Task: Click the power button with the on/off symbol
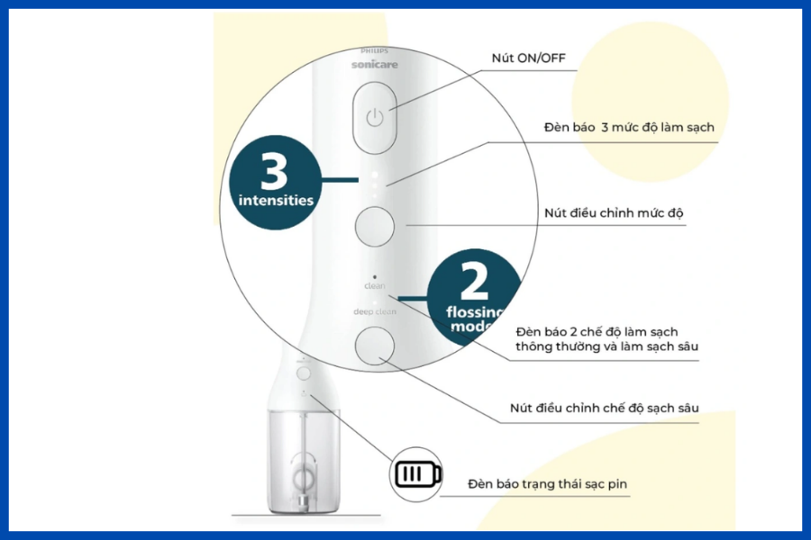coord(375,118)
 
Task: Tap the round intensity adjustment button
coord(375,226)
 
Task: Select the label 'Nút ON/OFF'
coord(529,58)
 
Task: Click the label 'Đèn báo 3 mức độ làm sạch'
coord(629,127)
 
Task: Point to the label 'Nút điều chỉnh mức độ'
coord(614,213)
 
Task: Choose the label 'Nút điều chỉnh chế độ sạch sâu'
coord(604,408)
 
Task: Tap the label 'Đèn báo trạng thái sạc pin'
coord(547,484)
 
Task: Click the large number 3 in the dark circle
coord(274,171)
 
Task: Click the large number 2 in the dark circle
coord(474,281)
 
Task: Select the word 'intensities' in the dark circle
coord(276,200)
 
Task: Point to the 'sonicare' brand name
coord(375,65)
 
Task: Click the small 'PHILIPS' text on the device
coord(375,51)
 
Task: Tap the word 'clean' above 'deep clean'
coord(375,286)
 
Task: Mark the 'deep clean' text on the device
coord(375,311)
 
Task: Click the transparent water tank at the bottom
coord(304,462)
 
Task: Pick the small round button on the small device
coord(304,373)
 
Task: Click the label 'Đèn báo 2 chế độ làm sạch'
coord(597,332)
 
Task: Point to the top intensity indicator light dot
coord(375,175)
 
